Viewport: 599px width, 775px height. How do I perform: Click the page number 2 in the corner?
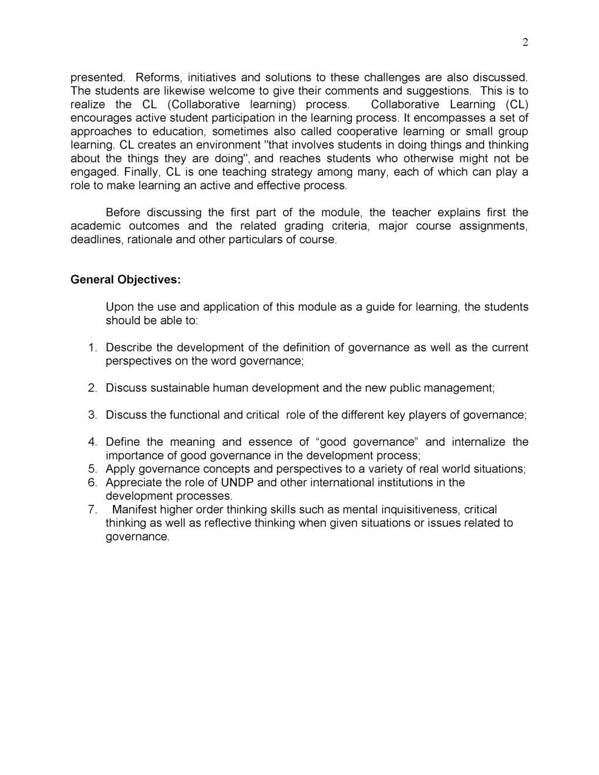[525, 42]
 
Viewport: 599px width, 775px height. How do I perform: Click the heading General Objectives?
[125, 279]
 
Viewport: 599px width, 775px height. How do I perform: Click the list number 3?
[92, 415]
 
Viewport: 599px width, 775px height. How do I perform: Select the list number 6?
[92, 483]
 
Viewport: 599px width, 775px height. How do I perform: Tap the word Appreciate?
[134, 483]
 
